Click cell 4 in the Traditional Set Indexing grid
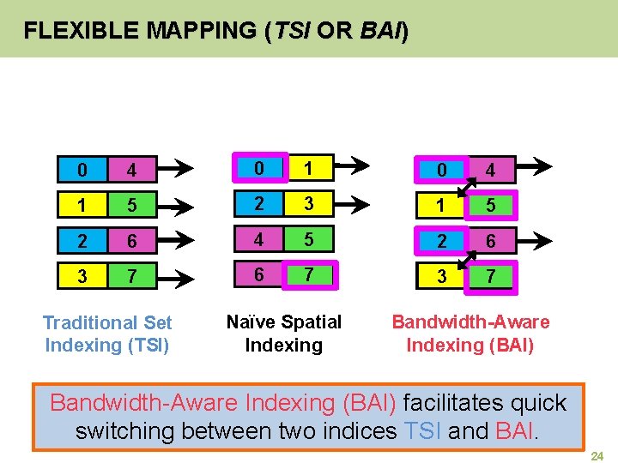pos(131,170)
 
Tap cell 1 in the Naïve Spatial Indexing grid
pos(294,166)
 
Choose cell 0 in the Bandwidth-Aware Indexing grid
pos(441,171)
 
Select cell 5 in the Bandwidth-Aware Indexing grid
pos(490,207)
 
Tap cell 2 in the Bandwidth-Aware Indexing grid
pos(441,242)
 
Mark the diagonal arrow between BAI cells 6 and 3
pos(466,260)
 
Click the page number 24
pos(598,455)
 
